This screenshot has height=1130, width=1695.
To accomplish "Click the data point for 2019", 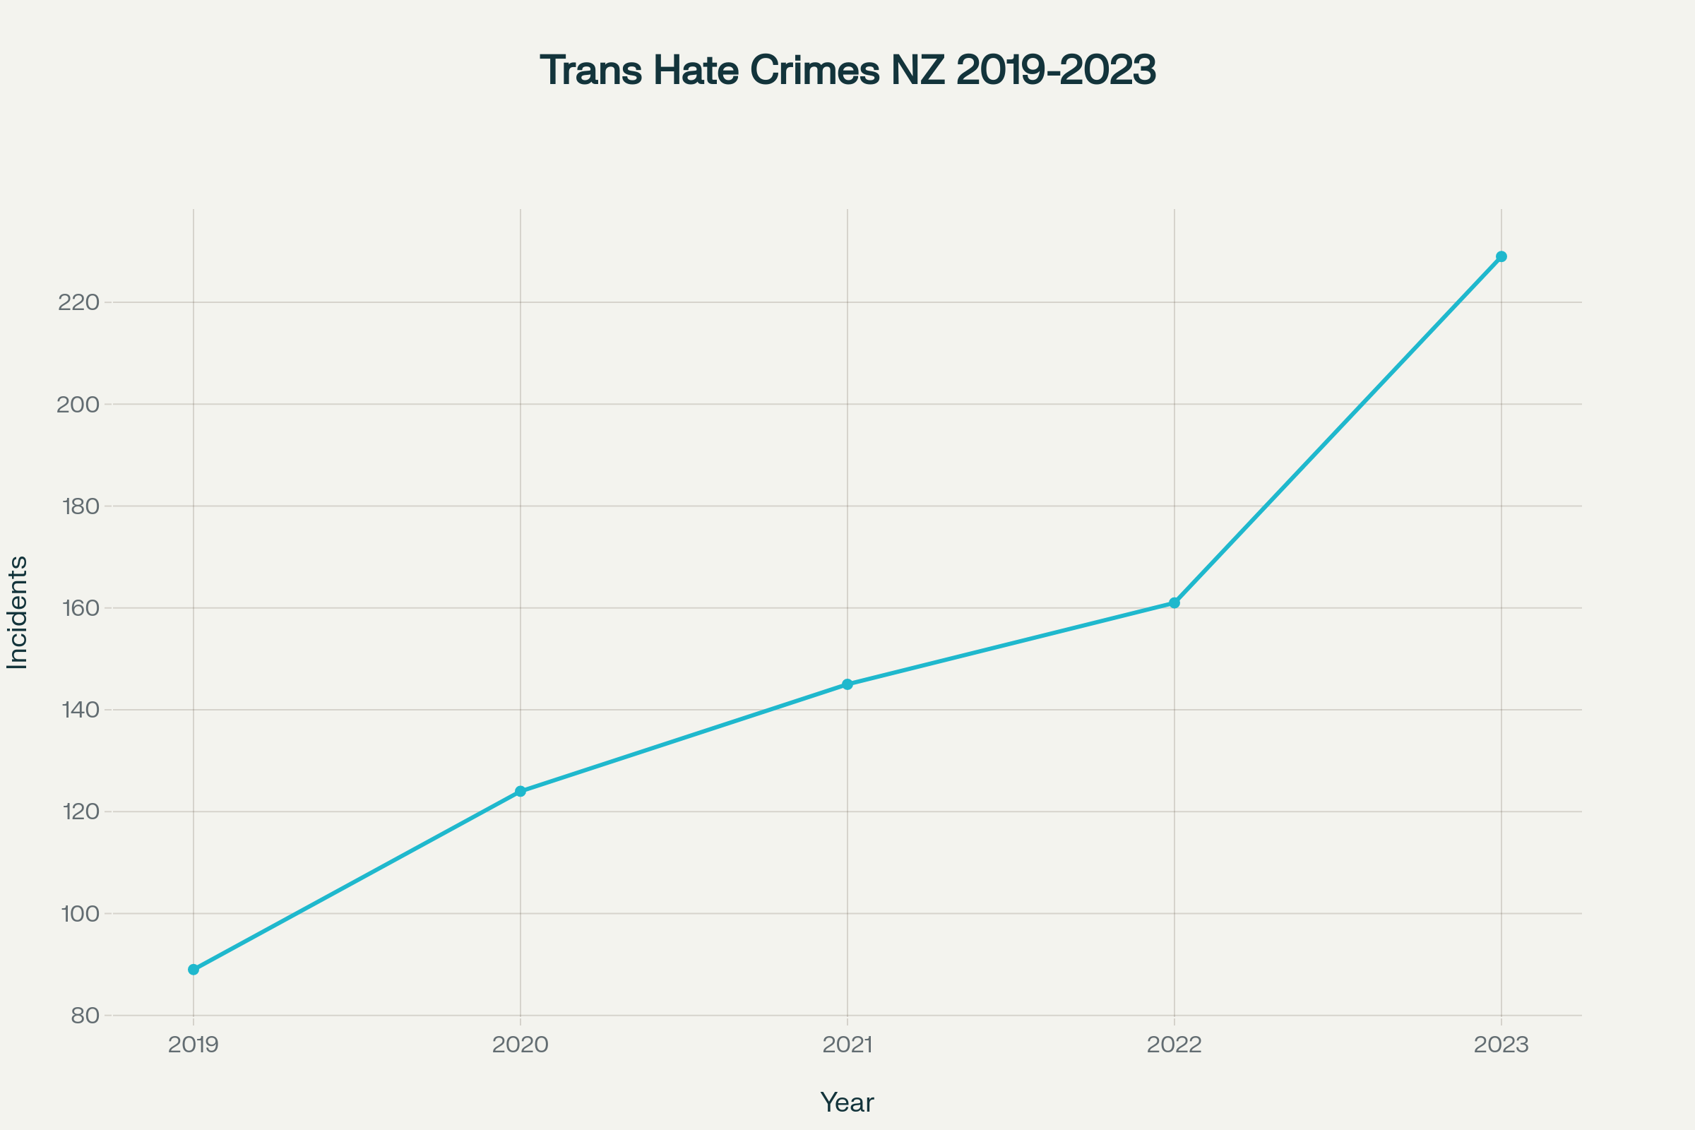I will point(193,970).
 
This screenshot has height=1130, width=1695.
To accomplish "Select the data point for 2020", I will point(521,791).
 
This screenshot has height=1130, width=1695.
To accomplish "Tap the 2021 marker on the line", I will point(847,684).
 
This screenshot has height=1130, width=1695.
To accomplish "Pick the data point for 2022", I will point(1174,602).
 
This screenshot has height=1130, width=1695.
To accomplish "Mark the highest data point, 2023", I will point(1501,256).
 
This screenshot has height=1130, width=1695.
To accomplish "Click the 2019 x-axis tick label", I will point(193,1045).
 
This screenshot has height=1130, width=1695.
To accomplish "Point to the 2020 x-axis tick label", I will point(521,1045).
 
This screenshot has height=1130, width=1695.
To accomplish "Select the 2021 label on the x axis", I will point(847,1045).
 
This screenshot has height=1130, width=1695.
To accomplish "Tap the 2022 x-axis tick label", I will point(1174,1045).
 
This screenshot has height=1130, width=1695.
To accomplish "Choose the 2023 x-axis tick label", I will point(1501,1045).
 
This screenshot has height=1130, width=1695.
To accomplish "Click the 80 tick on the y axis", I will point(85,1016).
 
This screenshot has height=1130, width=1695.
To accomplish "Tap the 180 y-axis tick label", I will point(80,506).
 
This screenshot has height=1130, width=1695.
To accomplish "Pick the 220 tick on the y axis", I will point(78,303).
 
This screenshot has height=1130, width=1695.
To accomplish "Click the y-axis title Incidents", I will point(17,612).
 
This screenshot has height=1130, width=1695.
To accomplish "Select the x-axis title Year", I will point(847,1102).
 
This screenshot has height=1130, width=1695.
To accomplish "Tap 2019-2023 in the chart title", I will point(1056,71).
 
